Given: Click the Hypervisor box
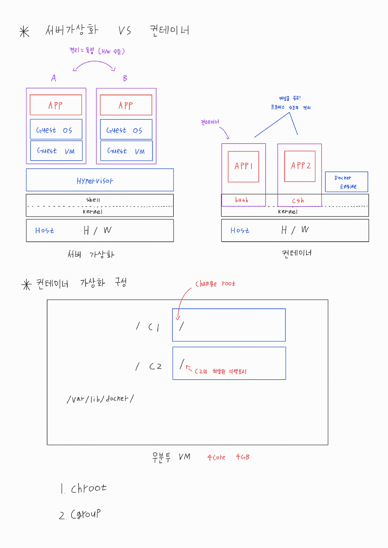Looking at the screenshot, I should [x=100, y=180].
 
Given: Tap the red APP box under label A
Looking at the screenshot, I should [x=56, y=105].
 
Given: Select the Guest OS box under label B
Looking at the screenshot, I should [x=126, y=129].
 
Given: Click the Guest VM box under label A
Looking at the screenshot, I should [x=56, y=151].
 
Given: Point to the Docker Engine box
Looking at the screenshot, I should [x=346, y=182].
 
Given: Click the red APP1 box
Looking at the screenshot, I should [x=243, y=167].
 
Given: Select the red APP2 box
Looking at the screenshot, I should [x=300, y=166].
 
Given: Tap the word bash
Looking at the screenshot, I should [x=241, y=200].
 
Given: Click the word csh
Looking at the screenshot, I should [x=298, y=201].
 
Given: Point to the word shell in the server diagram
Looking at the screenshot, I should [x=93, y=200].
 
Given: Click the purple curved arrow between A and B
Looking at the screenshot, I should [x=94, y=63].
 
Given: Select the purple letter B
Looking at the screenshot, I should [x=125, y=78].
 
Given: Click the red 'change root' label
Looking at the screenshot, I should [x=215, y=283].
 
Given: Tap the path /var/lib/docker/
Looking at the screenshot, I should [x=100, y=399].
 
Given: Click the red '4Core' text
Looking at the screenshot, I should [x=216, y=457].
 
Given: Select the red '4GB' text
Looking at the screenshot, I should [x=243, y=457].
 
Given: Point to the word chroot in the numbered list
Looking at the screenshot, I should [x=88, y=488].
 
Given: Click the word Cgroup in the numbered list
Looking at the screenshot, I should [x=86, y=514].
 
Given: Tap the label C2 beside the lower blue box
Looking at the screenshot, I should [x=155, y=366].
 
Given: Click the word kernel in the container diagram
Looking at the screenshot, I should [x=288, y=212].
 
